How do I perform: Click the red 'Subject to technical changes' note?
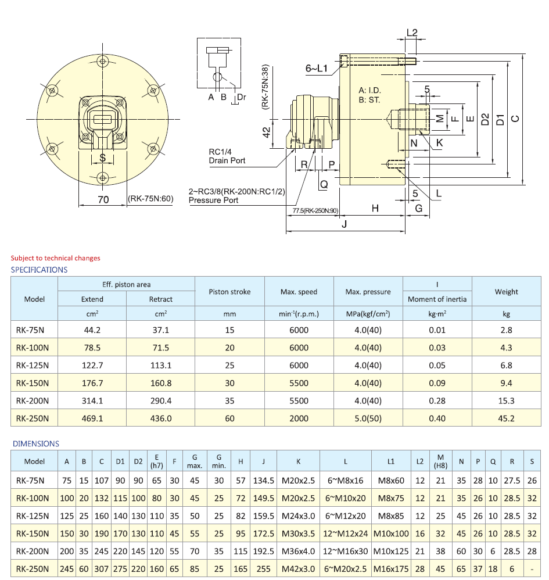55,258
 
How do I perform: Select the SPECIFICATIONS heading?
39,270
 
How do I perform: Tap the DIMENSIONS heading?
36,443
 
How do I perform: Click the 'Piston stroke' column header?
229,292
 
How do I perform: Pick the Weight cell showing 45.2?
506,418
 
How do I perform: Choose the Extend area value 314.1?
92,401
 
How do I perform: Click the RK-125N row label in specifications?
33,366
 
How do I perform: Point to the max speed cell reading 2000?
299,418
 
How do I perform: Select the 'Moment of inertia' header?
437,299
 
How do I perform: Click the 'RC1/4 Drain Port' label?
227,156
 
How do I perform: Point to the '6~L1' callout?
317,69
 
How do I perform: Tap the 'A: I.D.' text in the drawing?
370,91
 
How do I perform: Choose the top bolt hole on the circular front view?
103,61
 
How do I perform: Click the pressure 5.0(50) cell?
368,418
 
